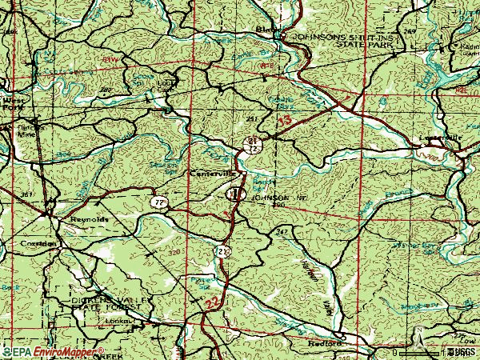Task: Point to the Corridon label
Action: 38,243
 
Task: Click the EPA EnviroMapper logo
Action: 53,352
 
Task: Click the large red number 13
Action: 285,120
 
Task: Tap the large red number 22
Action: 211,303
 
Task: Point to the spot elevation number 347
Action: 282,230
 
